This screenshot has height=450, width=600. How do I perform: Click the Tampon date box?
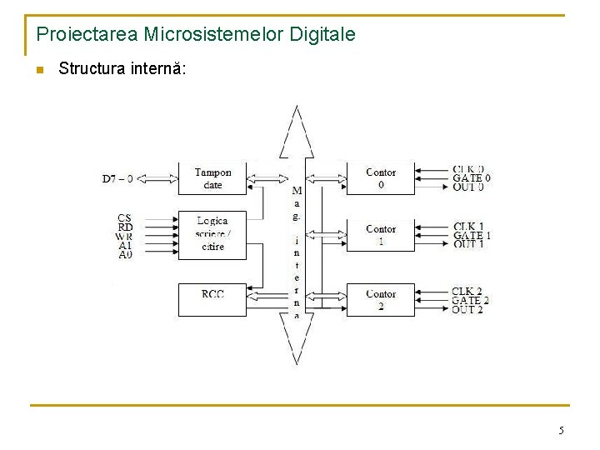click(213, 178)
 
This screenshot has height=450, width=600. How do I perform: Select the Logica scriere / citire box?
click(213, 234)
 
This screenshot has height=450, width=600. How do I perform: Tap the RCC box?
click(212, 299)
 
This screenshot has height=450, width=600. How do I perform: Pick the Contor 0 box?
click(381, 178)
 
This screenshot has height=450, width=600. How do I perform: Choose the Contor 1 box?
click(381, 234)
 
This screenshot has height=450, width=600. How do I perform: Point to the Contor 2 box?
click(381, 299)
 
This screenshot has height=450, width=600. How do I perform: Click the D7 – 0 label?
click(117, 178)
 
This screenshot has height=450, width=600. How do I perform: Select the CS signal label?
click(125, 218)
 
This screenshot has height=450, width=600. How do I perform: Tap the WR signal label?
click(125, 237)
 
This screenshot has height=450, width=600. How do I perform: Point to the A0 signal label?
click(125, 255)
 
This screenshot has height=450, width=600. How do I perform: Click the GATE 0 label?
click(472, 178)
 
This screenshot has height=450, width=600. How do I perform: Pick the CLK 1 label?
click(468, 227)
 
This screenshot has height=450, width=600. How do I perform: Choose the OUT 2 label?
click(467, 310)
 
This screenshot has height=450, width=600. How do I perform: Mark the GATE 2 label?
click(471, 300)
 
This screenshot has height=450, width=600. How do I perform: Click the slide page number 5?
click(561, 431)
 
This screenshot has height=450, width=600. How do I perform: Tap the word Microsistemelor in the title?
click(212, 35)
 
